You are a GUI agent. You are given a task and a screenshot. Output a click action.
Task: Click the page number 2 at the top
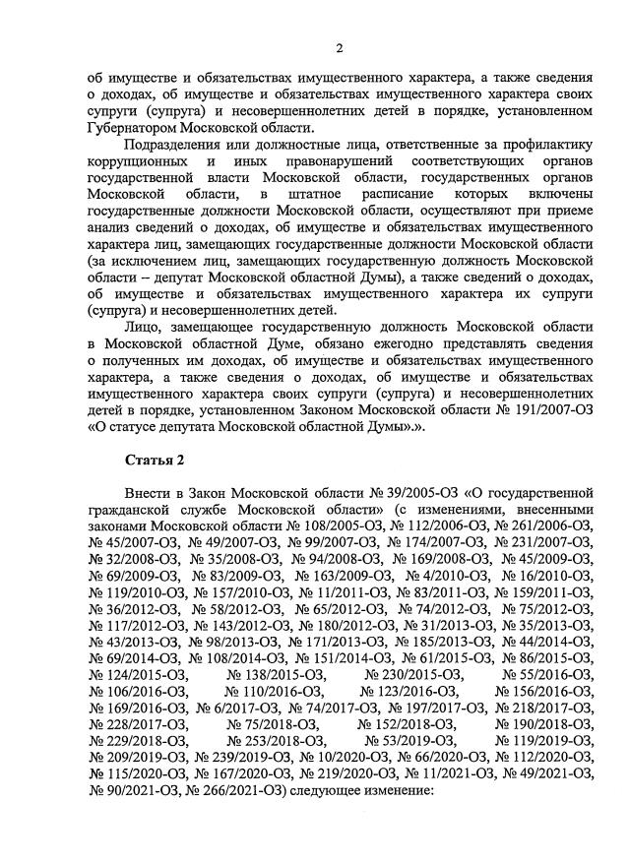click(339, 48)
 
